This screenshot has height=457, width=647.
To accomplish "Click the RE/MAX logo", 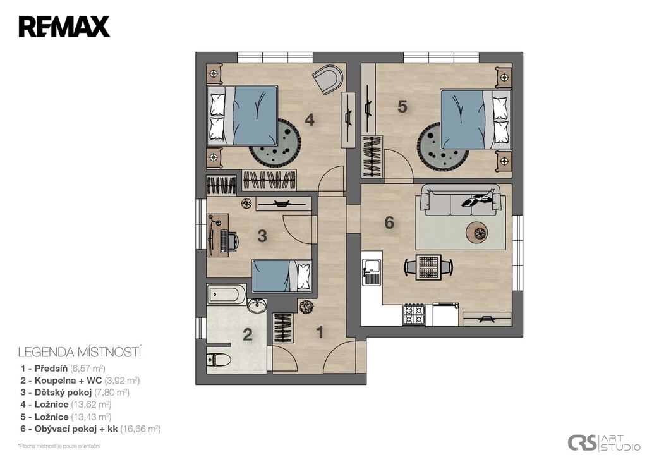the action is tap(64, 27).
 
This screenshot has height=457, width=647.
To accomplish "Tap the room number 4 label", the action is tap(310, 120).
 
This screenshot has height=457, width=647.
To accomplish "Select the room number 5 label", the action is tap(402, 107).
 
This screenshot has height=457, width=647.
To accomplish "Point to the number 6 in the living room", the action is tap(389, 223).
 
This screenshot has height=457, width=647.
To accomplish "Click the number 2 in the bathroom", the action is tap(248, 334).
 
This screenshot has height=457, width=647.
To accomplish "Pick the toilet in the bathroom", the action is tap(218, 360).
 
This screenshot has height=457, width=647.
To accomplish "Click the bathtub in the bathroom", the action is tap(226, 295).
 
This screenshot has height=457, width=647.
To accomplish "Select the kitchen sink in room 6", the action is tap(372, 272).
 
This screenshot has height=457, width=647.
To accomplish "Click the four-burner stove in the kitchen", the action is tap(414, 314).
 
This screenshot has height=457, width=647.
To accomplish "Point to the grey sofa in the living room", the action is tap(461, 200).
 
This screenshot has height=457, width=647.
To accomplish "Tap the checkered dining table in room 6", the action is tap(428, 267).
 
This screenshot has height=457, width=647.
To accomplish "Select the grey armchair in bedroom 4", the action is tap(328, 78).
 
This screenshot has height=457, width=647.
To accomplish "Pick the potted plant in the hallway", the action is tap(306, 306).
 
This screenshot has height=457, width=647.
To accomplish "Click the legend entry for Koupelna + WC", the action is tap(80, 381).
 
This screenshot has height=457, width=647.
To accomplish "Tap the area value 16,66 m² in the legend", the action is tap(140, 429).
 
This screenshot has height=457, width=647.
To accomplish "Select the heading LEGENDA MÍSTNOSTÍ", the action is tap(80, 352).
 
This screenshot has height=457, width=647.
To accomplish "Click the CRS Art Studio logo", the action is tap(603, 442).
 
